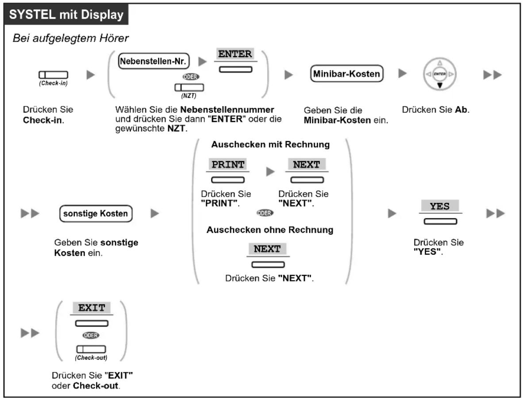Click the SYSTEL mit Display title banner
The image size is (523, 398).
[66, 14]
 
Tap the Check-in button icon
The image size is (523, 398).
[54, 75]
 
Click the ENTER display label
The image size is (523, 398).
[235, 54]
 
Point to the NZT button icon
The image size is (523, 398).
[189, 87]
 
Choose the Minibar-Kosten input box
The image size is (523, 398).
[346, 74]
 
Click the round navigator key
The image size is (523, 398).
[440, 74]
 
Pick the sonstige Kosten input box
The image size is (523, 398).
[96, 213]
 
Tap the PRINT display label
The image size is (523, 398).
[228, 164]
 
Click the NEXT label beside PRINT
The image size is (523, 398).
[307, 164]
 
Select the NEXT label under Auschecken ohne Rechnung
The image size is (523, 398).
[268, 249]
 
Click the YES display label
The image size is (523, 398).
[440, 206]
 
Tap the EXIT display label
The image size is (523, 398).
[92, 308]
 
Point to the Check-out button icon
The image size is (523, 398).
[91, 349]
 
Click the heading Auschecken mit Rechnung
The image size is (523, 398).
[270, 144]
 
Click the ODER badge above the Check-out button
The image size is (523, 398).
[91, 335]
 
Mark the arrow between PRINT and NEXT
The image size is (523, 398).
[270, 171]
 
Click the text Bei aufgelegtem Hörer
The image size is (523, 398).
[71, 38]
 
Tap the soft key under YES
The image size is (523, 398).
[440, 221]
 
